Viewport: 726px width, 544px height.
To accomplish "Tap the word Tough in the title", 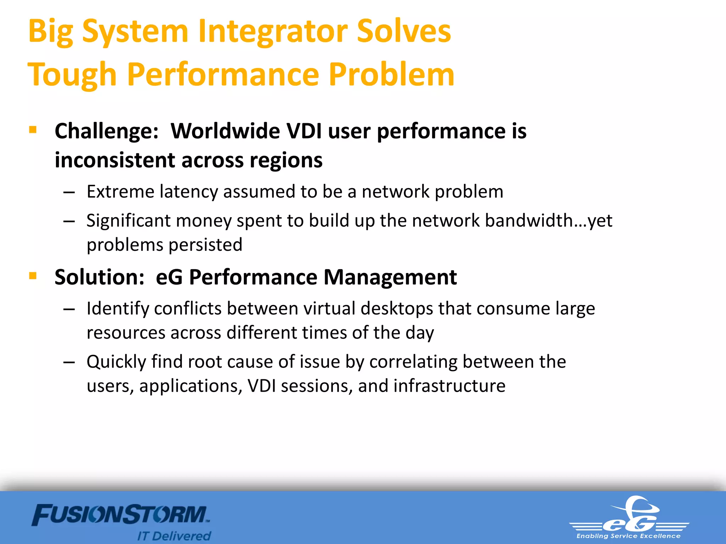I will (72, 74).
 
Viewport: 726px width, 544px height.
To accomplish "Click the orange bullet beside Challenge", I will (33, 130).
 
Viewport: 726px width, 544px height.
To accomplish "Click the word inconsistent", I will (115, 160).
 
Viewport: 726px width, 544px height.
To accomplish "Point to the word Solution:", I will (100, 277).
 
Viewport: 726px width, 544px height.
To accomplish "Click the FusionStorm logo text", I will (121, 515).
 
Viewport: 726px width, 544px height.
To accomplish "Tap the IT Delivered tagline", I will (174, 535).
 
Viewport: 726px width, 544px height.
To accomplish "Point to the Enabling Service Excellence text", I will (628, 536).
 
